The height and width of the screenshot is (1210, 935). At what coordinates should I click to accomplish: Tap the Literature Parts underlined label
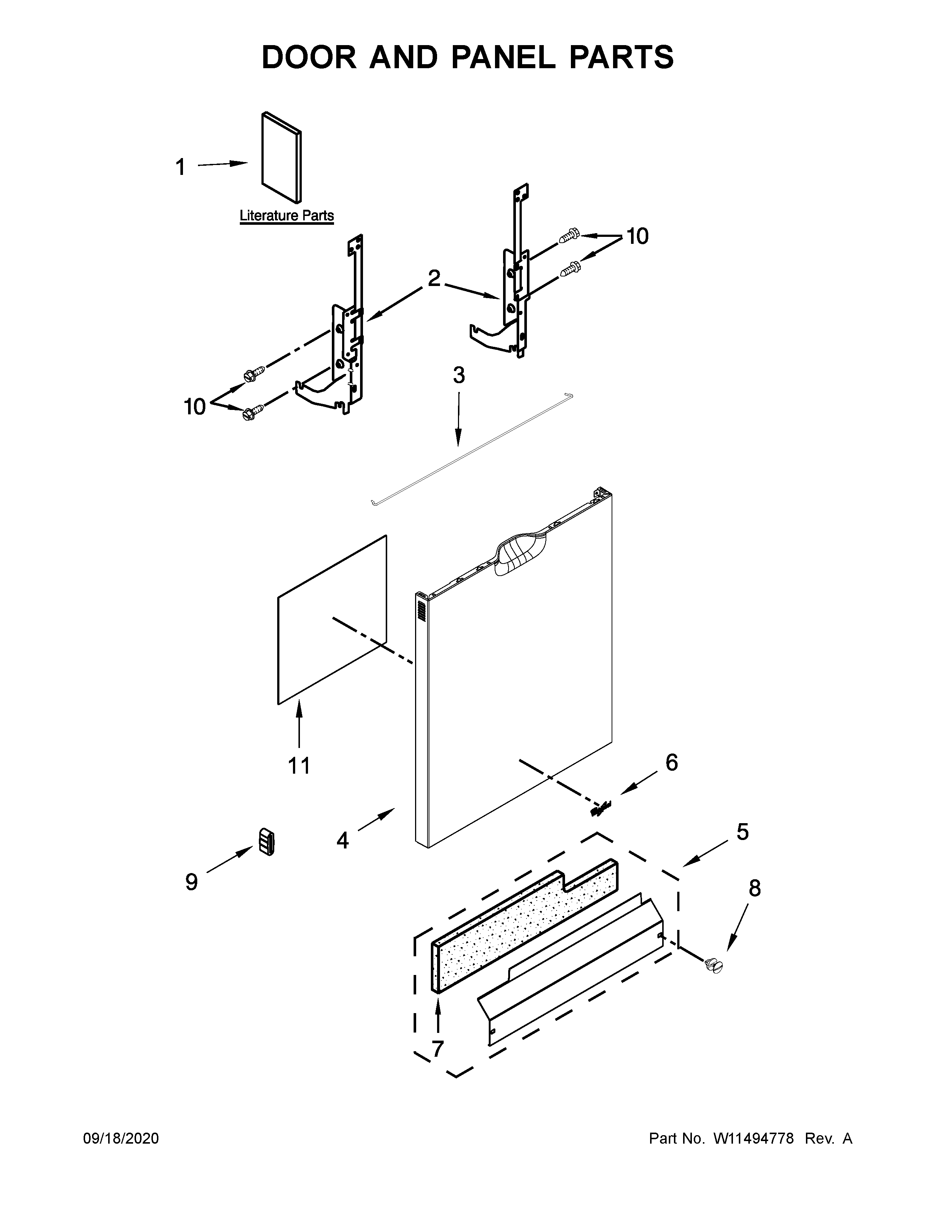286,216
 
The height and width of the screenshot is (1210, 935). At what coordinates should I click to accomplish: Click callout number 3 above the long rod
459,375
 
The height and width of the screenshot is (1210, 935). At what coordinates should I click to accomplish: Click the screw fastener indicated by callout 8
714,966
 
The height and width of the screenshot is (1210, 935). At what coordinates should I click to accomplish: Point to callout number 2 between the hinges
434,278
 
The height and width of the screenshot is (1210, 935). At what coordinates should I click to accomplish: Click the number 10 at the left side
194,407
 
